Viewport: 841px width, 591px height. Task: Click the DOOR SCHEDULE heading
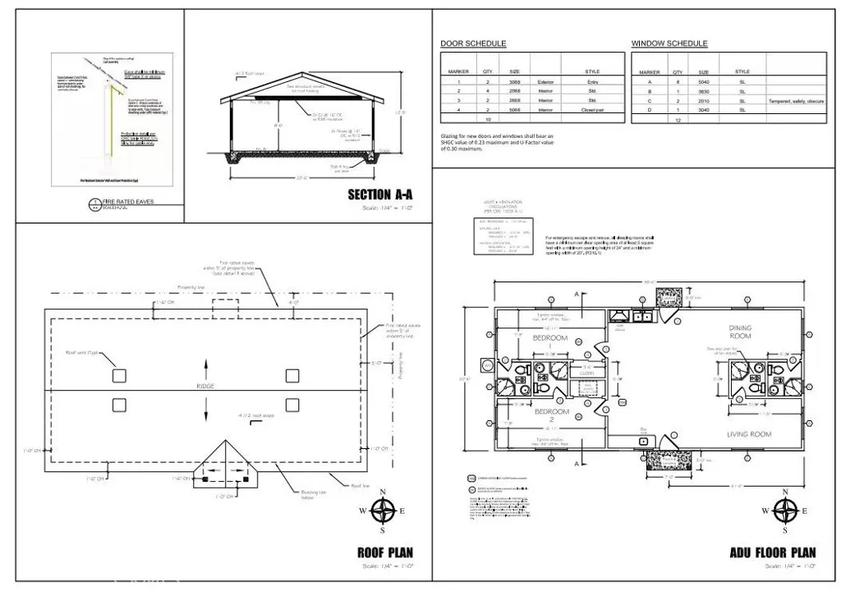coord(473,44)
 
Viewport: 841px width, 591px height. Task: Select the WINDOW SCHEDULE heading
coord(669,44)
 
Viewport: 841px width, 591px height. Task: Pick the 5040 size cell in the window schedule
coord(704,82)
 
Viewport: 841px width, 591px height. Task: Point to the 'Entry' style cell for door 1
coord(592,82)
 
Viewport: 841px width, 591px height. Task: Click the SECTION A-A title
coord(380,195)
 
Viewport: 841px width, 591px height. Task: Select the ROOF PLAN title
coord(385,552)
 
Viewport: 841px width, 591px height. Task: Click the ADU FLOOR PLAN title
coord(773,552)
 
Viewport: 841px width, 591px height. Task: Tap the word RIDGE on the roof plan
coord(205,386)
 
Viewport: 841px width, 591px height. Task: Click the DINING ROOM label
coord(740,332)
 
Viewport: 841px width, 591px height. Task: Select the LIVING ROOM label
coord(748,433)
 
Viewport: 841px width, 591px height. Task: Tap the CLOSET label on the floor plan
coord(586,373)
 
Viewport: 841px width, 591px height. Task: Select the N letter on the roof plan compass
coord(383,492)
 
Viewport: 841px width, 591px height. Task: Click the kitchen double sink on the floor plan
coord(640,316)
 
